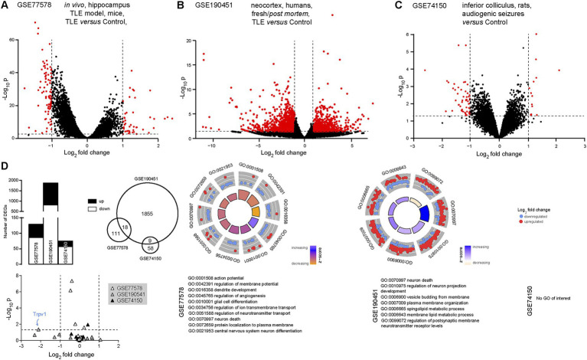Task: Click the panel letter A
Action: pos(5,7)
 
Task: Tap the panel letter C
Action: pos(400,7)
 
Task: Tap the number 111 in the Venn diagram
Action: pos(119,231)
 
